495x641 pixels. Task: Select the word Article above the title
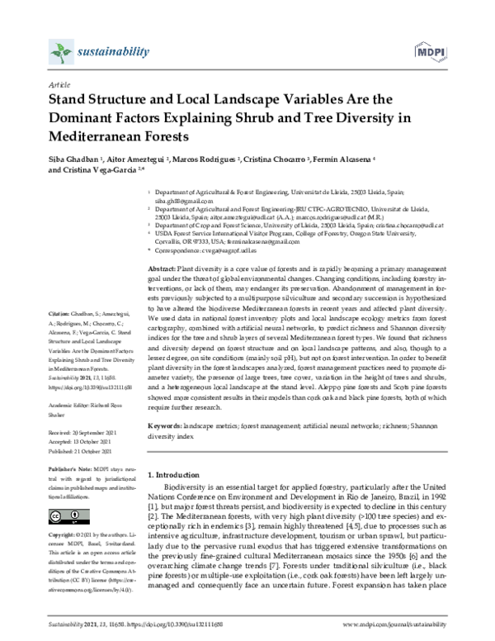[x=59, y=85]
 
